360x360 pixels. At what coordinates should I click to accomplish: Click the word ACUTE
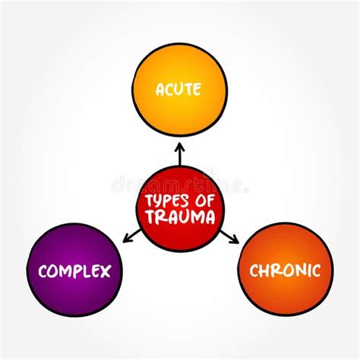[179, 90]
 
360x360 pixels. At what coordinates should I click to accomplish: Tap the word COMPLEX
[74, 270]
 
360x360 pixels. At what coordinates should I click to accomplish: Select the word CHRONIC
[285, 270]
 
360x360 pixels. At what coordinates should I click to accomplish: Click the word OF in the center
[203, 201]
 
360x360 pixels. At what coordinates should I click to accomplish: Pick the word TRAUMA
[180, 216]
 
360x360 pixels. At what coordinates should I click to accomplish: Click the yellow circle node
[179, 84]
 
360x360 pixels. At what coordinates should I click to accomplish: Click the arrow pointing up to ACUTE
[180, 154]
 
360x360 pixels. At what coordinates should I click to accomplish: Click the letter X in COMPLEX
[106, 270]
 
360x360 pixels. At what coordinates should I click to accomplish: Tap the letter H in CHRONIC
[262, 270]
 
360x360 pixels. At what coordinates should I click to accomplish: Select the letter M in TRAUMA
[194, 216]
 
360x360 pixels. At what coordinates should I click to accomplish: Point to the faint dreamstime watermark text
[180, 185]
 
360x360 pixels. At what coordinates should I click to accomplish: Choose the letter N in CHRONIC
[302, 270]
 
